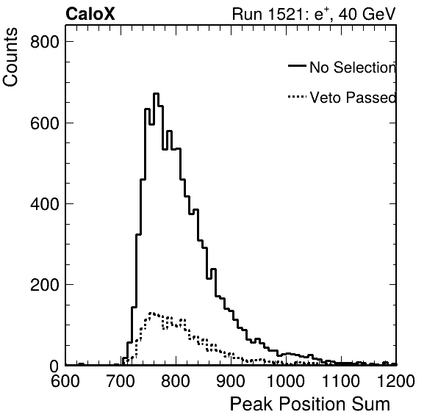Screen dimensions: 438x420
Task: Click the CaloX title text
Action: [x=90, y=14]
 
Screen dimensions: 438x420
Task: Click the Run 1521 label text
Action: [x=269, y=14]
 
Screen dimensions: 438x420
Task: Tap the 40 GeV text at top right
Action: [x=367, y=14]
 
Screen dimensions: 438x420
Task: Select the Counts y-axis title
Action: [x=10, y=57]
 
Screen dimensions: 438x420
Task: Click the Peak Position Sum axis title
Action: [x=310, y=404]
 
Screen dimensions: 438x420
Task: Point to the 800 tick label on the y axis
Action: [x=45, y=42]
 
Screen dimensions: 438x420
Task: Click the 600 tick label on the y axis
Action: [x=45, y=123]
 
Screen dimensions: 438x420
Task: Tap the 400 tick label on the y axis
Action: [x=45, y=204]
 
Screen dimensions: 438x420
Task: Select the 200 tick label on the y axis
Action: [x=45, y=285]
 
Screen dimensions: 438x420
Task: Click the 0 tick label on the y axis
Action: [x=54, y=366]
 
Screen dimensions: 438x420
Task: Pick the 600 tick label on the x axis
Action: [x=65, y=380]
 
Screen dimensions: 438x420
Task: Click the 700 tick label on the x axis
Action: [x=121, y=380]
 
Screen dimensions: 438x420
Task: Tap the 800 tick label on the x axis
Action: [x=176, y=380]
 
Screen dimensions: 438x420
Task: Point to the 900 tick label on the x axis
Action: [x=231, y=380]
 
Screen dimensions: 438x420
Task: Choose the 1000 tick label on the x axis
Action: [x=286, y=380]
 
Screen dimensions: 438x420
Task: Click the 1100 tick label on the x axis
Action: [x=341, y=380]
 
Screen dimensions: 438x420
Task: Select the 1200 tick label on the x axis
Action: [x=396, y=380]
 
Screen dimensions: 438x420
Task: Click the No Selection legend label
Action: [x=353, y=68]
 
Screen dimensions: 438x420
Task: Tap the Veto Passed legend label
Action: [x=353, y=98]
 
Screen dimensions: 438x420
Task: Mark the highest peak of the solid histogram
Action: [x=156, y=93]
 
